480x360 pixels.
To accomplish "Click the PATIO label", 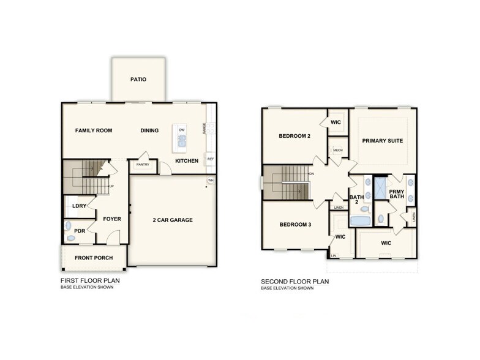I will pyautogui.click(x=138, y=80).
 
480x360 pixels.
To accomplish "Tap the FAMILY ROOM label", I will pyautogui.click(x=93, y=130).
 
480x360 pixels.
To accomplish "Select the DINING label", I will pyautogui.click(x=149, y=130).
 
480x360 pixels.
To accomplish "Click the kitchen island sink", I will pyautogui.click(x=182, y=142).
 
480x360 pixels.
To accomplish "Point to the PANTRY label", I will pyautogui.click(x=143, y=165).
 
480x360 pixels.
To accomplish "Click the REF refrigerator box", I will pyautogui.click(x=210, y=159).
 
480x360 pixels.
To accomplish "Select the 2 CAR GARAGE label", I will pyautogui.click(x=173, y=220).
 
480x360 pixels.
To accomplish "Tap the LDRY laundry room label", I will pyautogui.click(x=78, y=206).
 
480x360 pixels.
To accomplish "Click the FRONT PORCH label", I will pyautogui.click(x=94, y=258).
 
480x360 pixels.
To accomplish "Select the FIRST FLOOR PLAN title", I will pyautogui.click(x=89, y=281).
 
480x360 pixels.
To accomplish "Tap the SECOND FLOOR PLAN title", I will pyautogui.click(x=295, y=282).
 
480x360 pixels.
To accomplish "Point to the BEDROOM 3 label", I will pyautogui.click(x=295, y=225).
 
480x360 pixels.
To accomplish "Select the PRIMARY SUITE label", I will pyautogui.click(x=382, y=141).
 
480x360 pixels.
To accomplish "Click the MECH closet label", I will pyautogui.click(x=337, y=150).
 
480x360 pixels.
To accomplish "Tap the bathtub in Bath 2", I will pyautogui.click(x=360, y=221).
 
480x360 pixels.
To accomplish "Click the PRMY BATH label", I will pyautogui.click(x=397, y=193).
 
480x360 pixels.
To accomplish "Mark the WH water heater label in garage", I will pyautogui.click(x=211, y=181).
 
